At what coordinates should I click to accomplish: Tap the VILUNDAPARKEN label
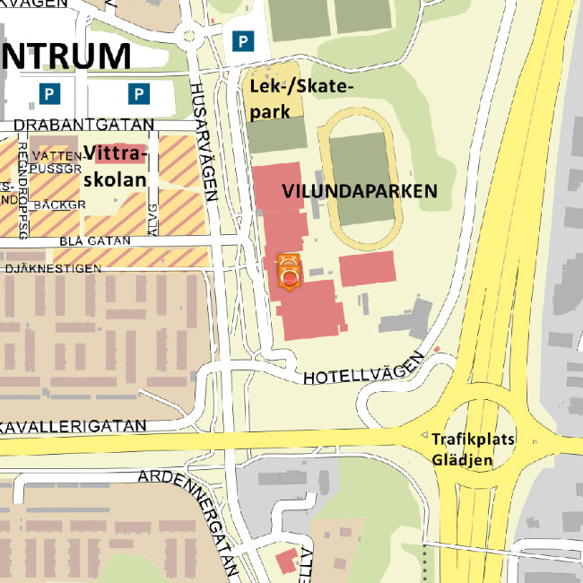pos(360,191)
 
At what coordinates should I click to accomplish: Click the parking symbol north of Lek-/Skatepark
pos(241,40)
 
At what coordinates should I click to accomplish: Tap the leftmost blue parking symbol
pos(51,92)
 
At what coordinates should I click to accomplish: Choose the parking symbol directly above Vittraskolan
pos(138,92)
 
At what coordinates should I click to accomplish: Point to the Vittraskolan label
pos(114,166)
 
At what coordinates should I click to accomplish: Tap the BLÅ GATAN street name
pos(95,241)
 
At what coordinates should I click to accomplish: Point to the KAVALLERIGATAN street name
pos(72,424)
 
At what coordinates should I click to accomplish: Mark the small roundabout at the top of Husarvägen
pos(189,37)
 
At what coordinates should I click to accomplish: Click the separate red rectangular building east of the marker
pos(367,269)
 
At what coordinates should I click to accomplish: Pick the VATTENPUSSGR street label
pos(56,161)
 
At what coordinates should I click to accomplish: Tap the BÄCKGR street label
pos(59,204)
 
